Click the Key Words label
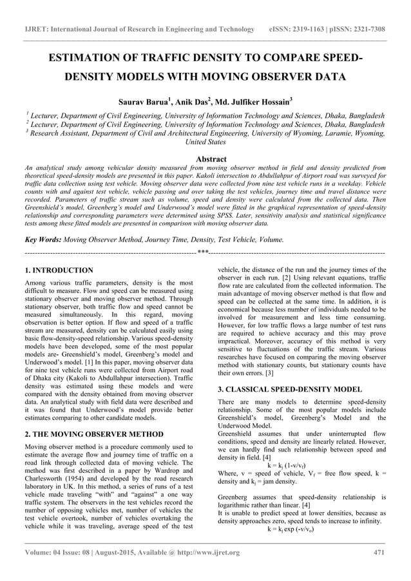(x=41, y=239)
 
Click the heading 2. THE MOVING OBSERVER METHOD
(x=93, y=434)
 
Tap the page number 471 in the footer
(x=379, y=552)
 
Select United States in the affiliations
(x=205, y=142)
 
